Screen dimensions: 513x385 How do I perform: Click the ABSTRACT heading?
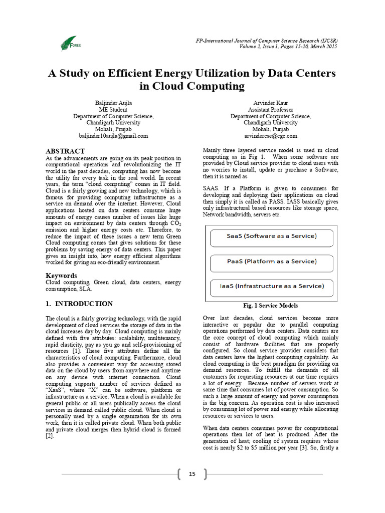click(65, 151)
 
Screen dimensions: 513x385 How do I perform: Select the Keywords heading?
click(61, 275)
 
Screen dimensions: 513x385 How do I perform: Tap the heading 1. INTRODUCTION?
click(79, 304)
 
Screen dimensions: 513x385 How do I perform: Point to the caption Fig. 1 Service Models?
click(271, 306)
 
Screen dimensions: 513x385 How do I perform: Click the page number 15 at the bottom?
click(192, 474)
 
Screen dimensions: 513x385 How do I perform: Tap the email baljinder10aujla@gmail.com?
click(113, 136)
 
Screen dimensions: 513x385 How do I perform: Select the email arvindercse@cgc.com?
click(271, 136)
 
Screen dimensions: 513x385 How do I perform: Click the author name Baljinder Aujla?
click(113, 103)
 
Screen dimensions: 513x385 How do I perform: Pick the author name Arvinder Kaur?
click(271, 103)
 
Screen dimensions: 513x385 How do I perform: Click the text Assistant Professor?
click(271, 110)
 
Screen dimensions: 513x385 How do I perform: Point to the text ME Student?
click(113, 110)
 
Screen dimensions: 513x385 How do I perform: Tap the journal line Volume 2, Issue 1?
click(263, 46)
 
